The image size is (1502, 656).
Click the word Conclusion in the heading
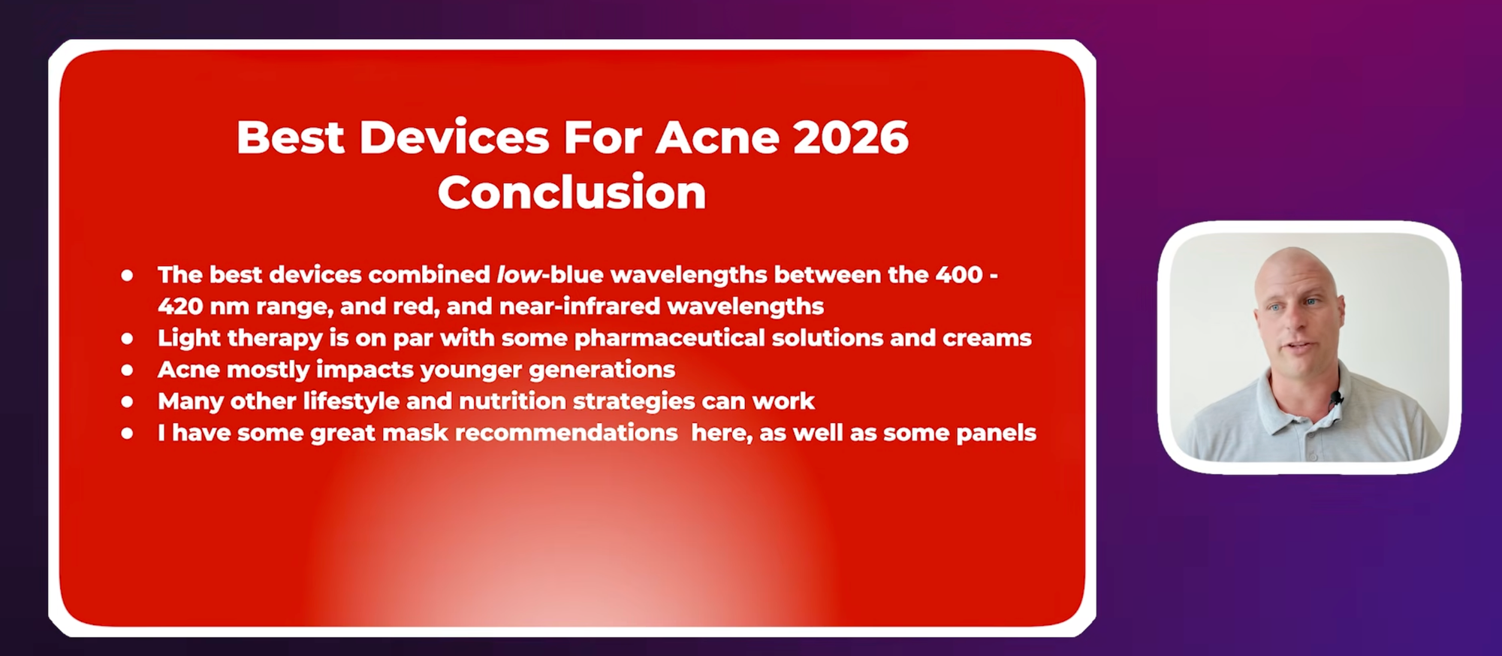[572, 192]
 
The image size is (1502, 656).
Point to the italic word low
[519, 274]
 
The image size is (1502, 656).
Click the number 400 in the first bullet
[959, 274]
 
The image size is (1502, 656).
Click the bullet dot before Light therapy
[128, 339]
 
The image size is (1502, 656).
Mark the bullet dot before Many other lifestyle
[128, 402]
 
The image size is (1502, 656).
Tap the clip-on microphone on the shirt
[1335, 398]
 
